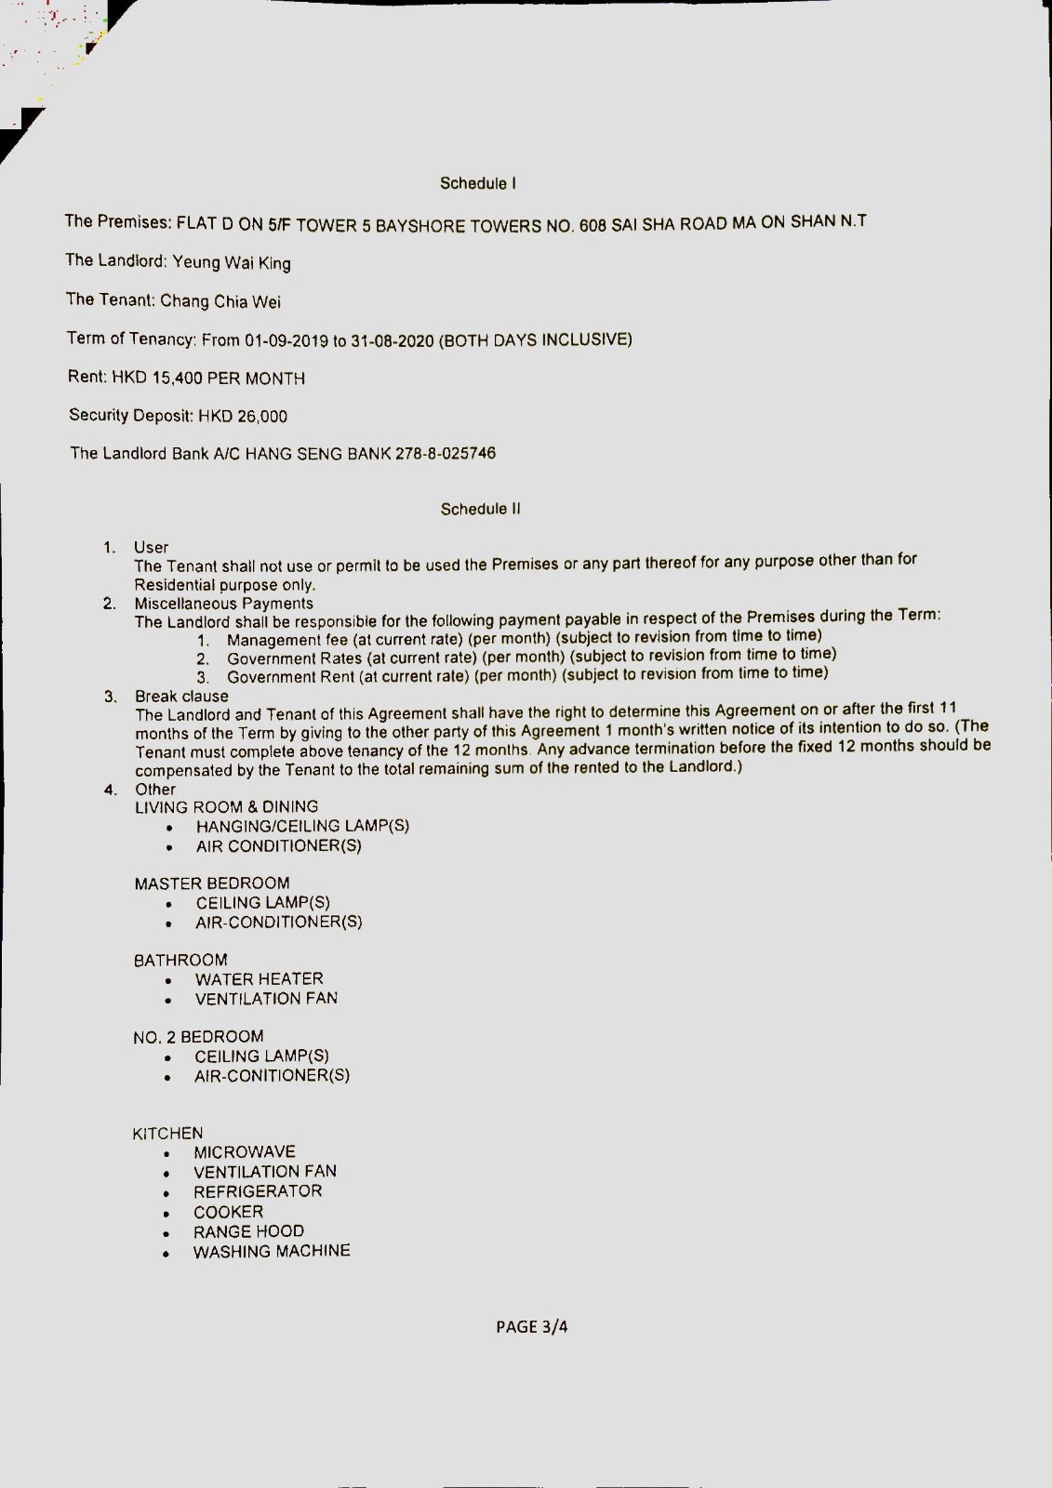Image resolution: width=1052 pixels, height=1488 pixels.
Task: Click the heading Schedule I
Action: pos(478,183)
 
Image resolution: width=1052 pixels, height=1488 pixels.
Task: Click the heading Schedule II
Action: pos(480,509)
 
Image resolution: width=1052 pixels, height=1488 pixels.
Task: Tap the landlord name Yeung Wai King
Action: pos(232,263)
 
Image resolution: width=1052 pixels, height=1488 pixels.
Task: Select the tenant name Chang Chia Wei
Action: pos(220,301)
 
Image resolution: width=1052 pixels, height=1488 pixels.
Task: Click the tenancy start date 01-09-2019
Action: pos(286,340)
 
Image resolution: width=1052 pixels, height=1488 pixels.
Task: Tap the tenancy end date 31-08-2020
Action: pos(392,340)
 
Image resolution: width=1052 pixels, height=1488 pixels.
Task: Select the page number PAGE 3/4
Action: pos(531,1327)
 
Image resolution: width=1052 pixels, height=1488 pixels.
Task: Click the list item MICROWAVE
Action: pos(245,1152)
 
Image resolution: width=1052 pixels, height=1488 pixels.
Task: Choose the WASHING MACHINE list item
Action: pos(272,1252)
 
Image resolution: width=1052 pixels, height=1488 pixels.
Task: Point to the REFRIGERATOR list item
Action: pos(258,1191)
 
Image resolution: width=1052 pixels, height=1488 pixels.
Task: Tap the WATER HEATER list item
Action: pos(259,979)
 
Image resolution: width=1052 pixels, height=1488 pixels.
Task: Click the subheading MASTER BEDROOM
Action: pos(212,883)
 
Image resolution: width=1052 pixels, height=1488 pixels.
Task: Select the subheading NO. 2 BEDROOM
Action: pos(198,1037)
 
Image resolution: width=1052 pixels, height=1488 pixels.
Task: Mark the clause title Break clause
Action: pos(181,697)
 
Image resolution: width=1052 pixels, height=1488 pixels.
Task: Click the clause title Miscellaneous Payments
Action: pos(223,604)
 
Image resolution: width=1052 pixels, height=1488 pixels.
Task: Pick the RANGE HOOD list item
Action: pos(248,1231)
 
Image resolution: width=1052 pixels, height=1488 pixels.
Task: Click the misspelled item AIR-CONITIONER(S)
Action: pos(272,1076)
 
